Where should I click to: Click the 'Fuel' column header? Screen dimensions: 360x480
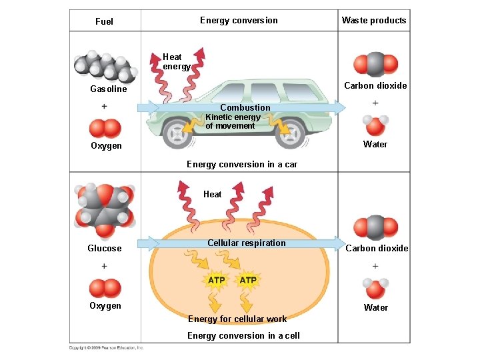click(104, 21)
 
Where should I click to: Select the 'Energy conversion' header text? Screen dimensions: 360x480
click(239, 21)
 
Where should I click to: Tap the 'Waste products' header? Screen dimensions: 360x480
click(373, 21)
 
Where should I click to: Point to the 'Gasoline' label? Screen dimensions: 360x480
click(109, 89)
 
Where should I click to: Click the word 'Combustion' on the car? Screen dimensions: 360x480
click(245, 107)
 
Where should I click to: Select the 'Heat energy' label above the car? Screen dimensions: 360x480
click(176, 61)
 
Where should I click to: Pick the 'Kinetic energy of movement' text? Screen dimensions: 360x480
click(233, 121)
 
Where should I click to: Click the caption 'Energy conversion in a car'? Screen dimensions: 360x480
click(242, 164)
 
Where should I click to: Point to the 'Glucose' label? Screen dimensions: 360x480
click(105, 248)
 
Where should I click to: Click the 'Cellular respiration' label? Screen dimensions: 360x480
click(246, 243)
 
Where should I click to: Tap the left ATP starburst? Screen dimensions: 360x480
click(216, 280)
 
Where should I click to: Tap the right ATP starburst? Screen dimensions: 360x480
click(248, 280)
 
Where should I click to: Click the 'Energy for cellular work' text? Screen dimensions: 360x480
click(237, 319)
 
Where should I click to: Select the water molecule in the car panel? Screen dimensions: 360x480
click(375, 124)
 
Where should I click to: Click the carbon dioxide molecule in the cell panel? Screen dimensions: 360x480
click(375, 227)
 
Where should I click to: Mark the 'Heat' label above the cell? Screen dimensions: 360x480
click(213, 195)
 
